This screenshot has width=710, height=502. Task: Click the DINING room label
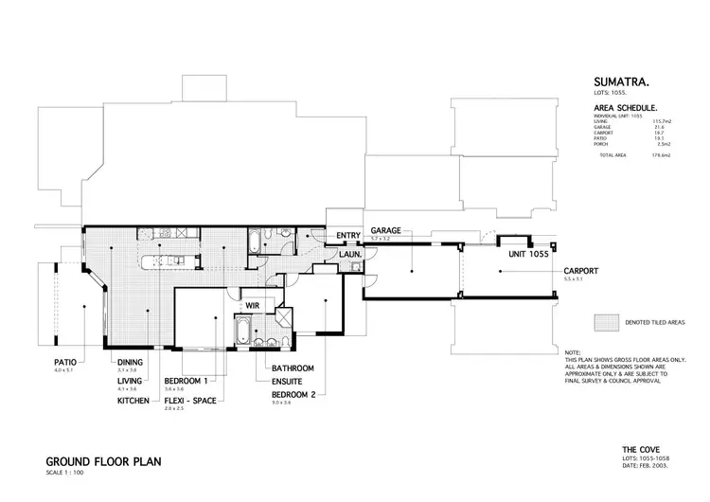pos(130,362)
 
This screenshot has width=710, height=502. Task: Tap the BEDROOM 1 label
pos(186,380)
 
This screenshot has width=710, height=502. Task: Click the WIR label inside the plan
pos(254,306)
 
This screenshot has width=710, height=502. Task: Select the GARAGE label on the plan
pos(388,230)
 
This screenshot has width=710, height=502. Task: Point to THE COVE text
pos(640,449)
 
